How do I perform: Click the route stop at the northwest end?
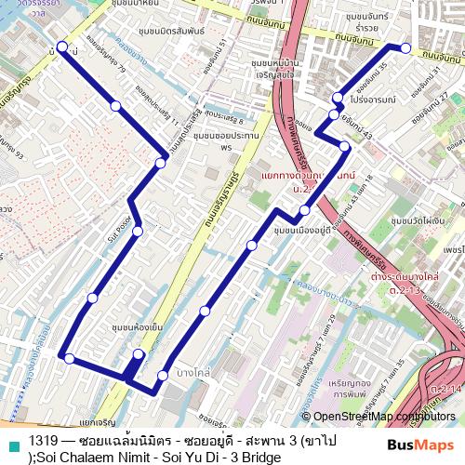(x=62, y=46)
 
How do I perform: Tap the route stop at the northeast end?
(x=405, y=47)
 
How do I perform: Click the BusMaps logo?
(x=419, y=445)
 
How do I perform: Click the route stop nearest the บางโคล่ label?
(x=163, y=376)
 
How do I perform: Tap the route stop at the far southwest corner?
(x=69, y=357)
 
